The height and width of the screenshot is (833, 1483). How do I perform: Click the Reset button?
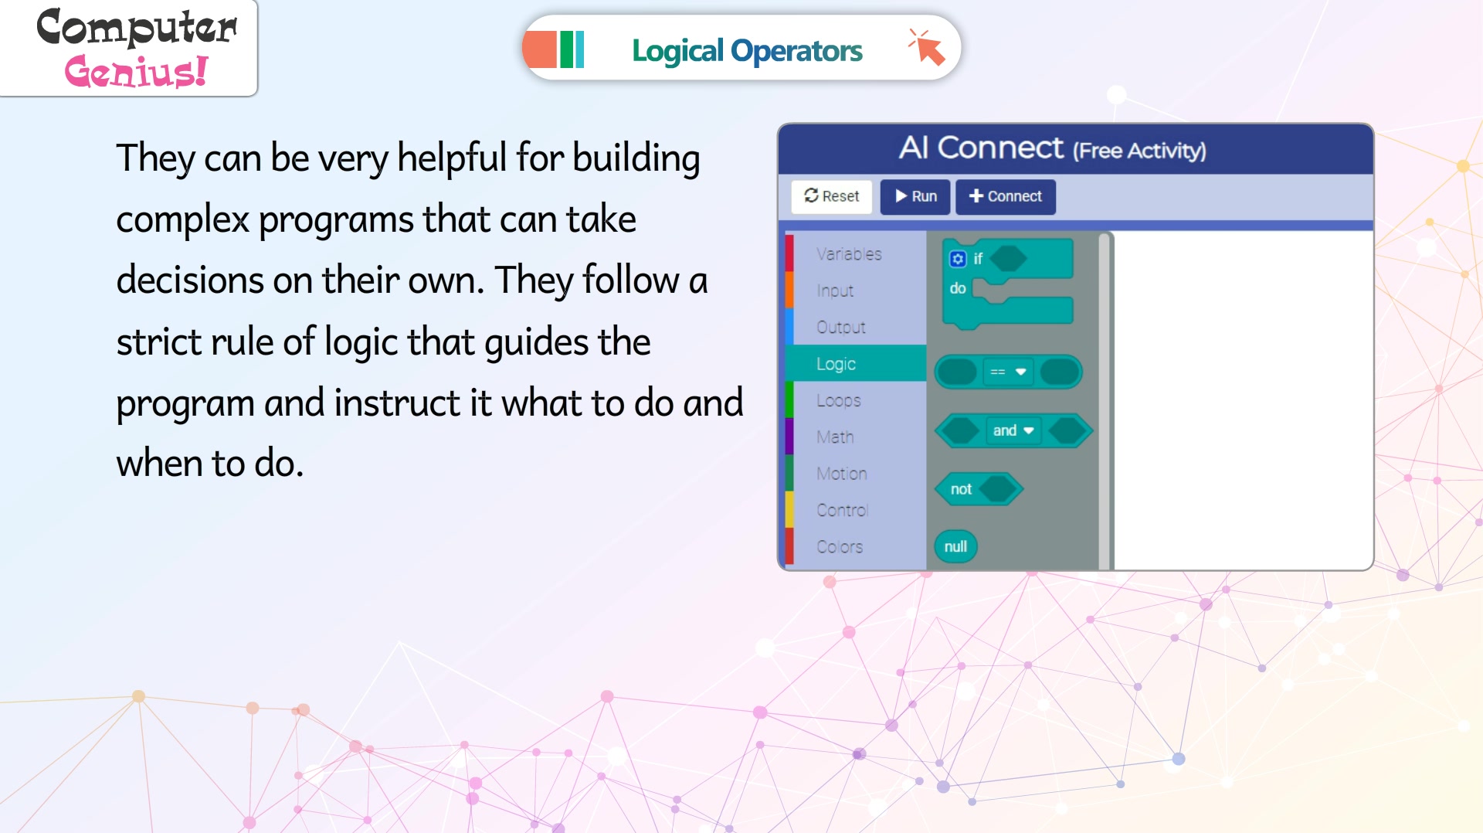[831, 196]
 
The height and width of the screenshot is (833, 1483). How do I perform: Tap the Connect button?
[1005, 196]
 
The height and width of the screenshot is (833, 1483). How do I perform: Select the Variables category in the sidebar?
[849, 254]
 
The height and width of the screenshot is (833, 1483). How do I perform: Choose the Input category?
[835, 291]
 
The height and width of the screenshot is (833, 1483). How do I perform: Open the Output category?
[841, 327]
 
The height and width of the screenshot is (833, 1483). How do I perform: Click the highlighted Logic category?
[836, 364]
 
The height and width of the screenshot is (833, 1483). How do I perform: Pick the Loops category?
[839, 400]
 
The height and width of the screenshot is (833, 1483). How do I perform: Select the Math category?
[835, 437]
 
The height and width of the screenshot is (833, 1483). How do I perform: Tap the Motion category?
[842, 473]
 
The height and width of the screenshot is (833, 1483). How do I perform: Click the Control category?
[843, 510]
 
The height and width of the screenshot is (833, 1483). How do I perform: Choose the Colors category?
[840, 546]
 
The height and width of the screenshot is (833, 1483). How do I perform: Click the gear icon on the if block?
[958, 259]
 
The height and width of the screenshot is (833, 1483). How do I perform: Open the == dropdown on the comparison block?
[1008, 372]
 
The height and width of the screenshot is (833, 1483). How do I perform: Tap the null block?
[955, 546]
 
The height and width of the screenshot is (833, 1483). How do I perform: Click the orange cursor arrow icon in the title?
[927, 48]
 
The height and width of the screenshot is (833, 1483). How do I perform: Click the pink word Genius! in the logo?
[137, 72]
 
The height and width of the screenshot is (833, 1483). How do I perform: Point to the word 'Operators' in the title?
[796, 51]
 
